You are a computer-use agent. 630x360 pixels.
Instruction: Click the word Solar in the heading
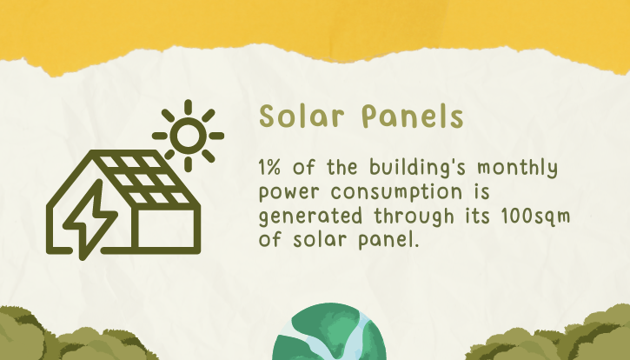pyautogui.click(x=302, y=116)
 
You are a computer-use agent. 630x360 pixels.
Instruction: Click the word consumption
pyautogui.click(x=396, y=193)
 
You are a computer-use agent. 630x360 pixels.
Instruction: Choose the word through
pyautogui.click(x=414, y=217)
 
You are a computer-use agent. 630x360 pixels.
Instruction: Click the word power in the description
pyautogui.click(x=288, y=193)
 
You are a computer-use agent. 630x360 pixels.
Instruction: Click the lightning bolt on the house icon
pyautogui.click(x=90, y=219)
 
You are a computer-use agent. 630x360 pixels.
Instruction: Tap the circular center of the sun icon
pyautogui.click(x=188, y=136)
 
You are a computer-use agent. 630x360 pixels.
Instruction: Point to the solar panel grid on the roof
pyautogui.click(x=144, y=179)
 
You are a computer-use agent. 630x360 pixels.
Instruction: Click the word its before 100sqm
pyautogui.click(x=478, y=217)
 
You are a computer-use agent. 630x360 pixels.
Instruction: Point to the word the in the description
pyautogui.click(x=342, y=167)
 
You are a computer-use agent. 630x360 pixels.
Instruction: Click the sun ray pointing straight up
pyautogui.click(x=188, y=106)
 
